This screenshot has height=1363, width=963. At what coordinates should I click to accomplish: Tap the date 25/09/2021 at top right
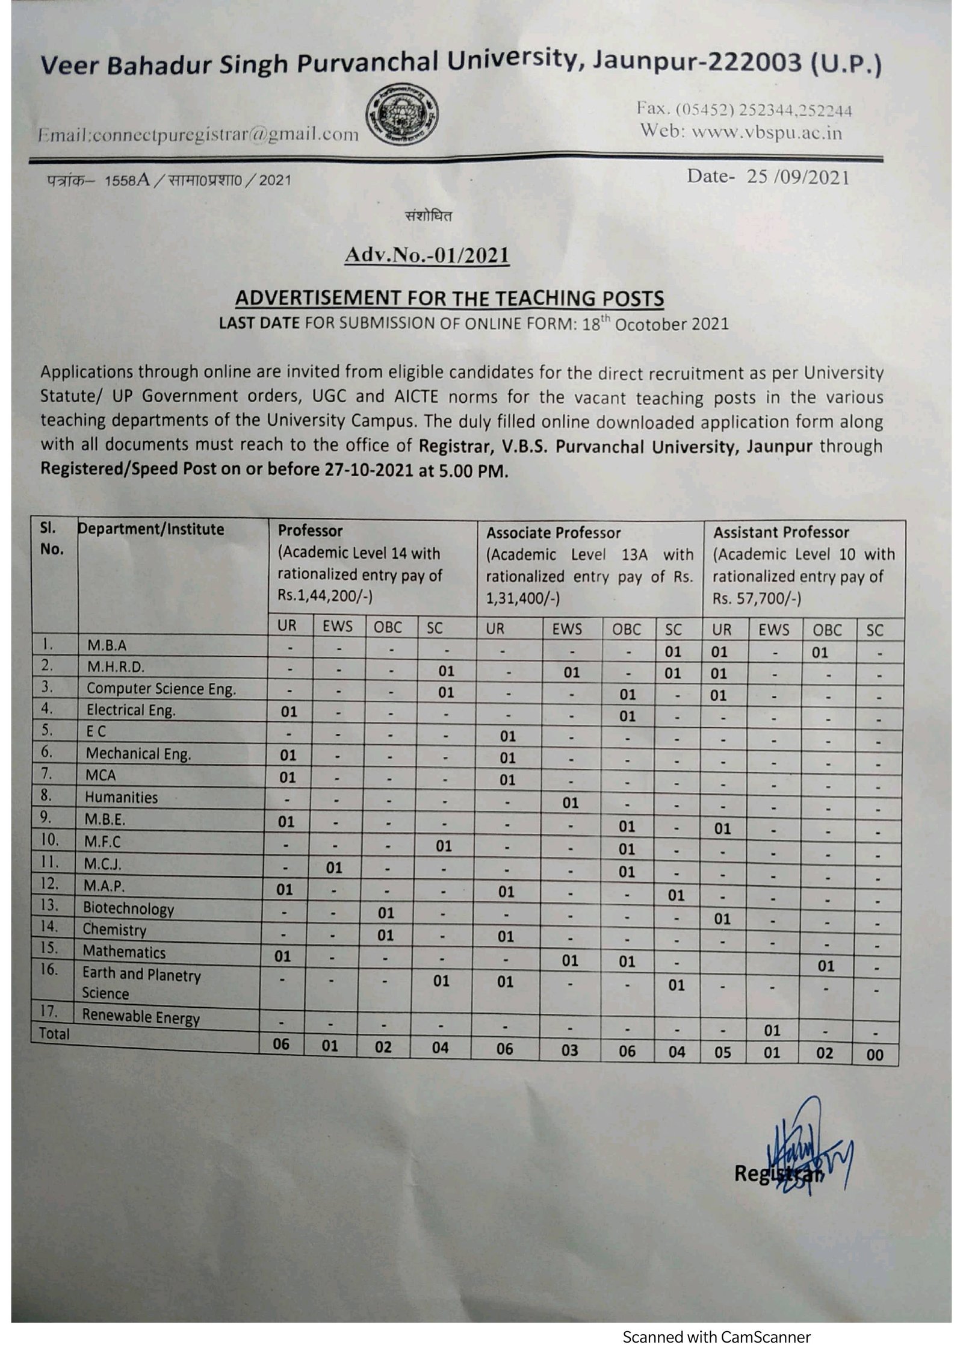click(797, 177)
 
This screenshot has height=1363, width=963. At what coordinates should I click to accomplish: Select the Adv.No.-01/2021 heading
click(427, 255)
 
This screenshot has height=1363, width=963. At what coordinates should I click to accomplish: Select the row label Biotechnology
click(128, 908)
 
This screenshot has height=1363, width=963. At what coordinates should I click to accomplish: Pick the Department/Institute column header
click(151, 529)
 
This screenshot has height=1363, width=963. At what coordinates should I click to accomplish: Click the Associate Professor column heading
click(553, 533)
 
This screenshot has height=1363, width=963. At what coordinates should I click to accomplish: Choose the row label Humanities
click(121, 798)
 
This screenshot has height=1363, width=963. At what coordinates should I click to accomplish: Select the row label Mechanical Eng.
click(138, 754)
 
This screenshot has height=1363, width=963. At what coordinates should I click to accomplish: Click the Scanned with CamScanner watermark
click(716, 1337)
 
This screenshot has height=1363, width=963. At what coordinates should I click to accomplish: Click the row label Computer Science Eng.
click(161, 689)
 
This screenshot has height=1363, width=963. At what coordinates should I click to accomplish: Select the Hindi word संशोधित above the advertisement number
click(429, 216)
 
